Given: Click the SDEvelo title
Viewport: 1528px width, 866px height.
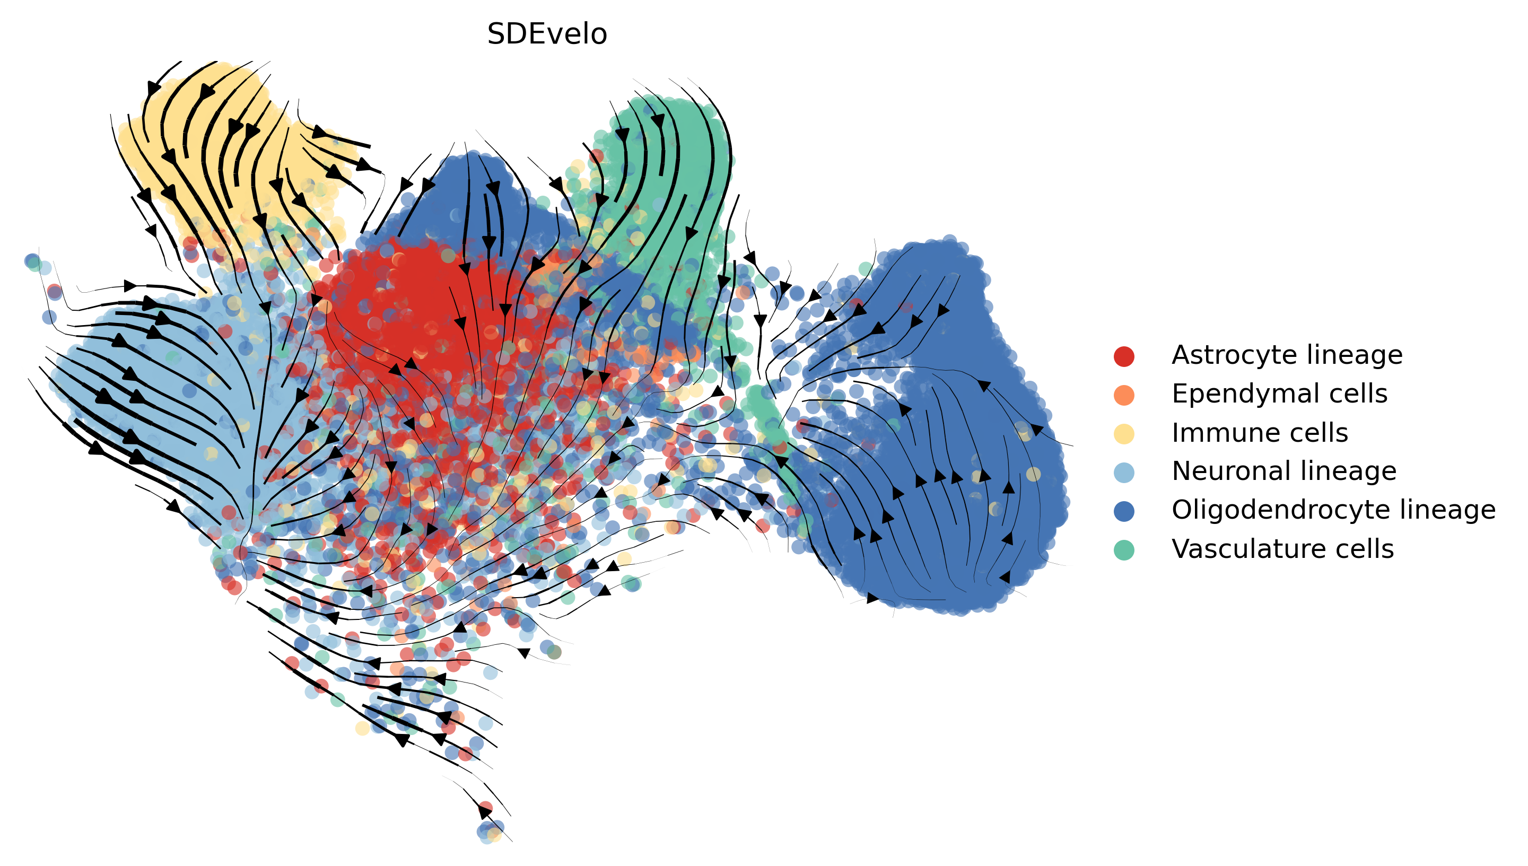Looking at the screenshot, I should [x=547, y=34].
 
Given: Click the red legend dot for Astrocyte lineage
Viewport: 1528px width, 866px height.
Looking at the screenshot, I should [x=1123, y=356].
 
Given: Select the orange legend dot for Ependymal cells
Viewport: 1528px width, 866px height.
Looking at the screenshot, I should [x=1123, y=395].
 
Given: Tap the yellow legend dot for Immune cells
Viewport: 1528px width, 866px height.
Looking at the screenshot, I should [x=1123, y=433].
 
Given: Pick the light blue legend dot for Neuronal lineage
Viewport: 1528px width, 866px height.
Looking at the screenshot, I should [x=1123, y=471].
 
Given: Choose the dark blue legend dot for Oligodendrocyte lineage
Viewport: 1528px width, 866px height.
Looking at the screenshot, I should [x=1123, y=510].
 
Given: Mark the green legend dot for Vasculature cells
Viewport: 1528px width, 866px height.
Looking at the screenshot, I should [x=1123, y=549].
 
